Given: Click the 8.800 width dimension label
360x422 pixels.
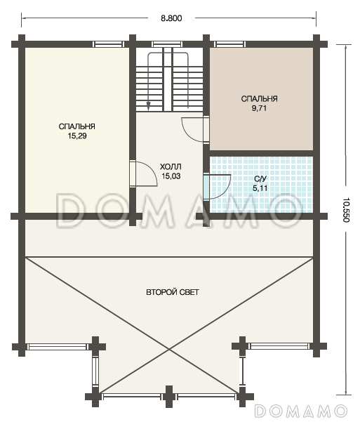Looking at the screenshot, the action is pyautogui.click(x=171, y=18).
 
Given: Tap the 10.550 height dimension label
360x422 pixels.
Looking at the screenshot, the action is pyautogui.click(x=346, y=210).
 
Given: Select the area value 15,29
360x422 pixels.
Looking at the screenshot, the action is pyautogui.click(x=77, y=136).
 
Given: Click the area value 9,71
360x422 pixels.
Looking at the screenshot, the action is pyautogui.click(x=259, y=108).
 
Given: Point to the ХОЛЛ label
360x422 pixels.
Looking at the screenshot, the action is pyautogui.click(x=171, y=166).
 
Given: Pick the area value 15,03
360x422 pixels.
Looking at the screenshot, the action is pyautogui.click(x=171, y=176).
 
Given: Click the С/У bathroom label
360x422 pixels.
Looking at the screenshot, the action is pyautogui.click(x=260, y=179).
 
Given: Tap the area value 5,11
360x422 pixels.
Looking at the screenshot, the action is pyautogui.click(x=260, y=188).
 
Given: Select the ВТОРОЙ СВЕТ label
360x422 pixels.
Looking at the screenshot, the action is pyautogui.click(x=173, y=292).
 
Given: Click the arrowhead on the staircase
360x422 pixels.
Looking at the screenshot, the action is pyautogui.click(x=148, y=106).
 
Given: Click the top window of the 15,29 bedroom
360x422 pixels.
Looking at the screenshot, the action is pyautogui.click(x=108, y=44).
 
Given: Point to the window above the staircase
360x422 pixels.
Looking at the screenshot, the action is pyautogui.click(x=167, y=44).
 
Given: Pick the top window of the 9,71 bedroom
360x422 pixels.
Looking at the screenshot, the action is pyautogui.click(x=229, y=44).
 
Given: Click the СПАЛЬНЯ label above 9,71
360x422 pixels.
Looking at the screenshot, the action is pyautogui.click(x=259, y=99).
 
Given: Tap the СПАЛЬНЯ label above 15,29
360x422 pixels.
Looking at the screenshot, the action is pyautogui.click(x=77, y=126).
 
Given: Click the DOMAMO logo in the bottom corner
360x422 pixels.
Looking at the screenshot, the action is pyautogui.click(x=300, y=411).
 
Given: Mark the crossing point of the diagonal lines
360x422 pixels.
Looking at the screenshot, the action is pyautogui.click(x=169, y=350).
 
